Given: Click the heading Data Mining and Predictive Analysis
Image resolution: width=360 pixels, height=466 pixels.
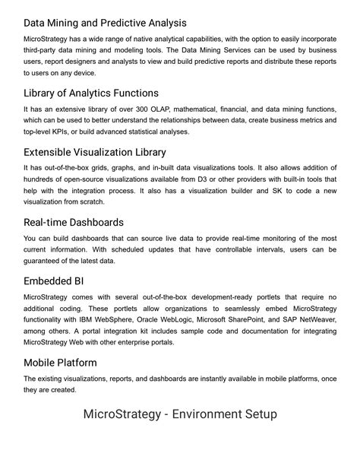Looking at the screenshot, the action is pos(105,24).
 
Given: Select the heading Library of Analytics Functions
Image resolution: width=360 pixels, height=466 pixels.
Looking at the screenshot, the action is pos(90,94).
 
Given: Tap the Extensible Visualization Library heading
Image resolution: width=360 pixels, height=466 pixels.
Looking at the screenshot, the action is pos(95,151).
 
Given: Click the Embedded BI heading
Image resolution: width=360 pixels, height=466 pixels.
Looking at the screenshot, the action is pos(53,281).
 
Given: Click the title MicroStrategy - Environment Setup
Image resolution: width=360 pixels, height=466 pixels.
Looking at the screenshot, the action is pos(180,414).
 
